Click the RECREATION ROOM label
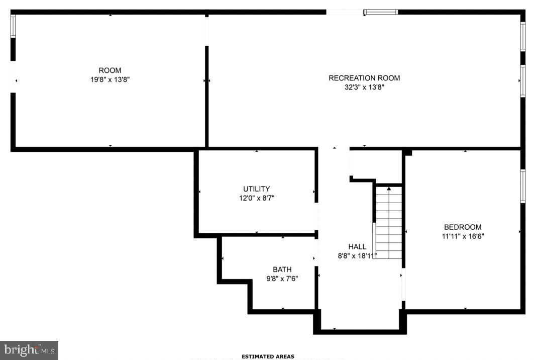364,78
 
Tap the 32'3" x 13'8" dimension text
364,87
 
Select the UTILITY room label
257,189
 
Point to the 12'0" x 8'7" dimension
257,198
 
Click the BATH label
282,269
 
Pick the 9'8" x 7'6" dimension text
282,279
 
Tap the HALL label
357,246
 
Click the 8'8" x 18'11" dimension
357,255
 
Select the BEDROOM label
463,227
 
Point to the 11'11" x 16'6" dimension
463,236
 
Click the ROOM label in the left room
110,70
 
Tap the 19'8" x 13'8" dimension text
110,79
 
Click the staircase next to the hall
389,224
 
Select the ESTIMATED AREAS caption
268,356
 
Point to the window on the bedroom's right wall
523,186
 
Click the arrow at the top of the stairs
389,189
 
